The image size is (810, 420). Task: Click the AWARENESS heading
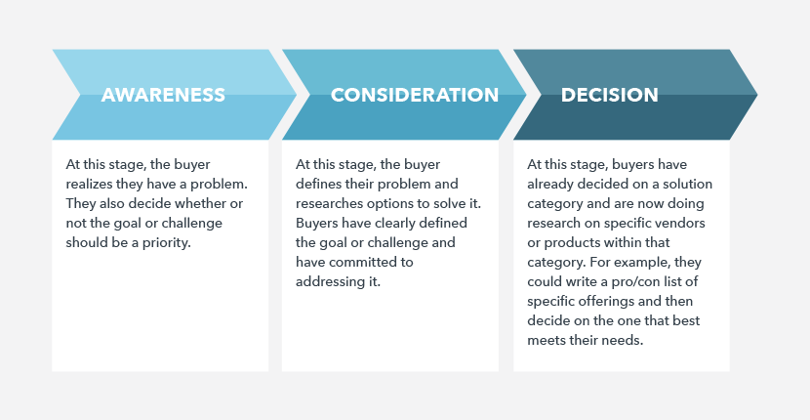pos(163,95)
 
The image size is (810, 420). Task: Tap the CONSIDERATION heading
pos(415,95)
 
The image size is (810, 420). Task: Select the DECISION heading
pos(610,95)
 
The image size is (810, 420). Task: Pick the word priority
pos(166,242)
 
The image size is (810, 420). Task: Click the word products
pos(573,242)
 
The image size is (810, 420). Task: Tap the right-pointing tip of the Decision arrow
pos(757,95)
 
